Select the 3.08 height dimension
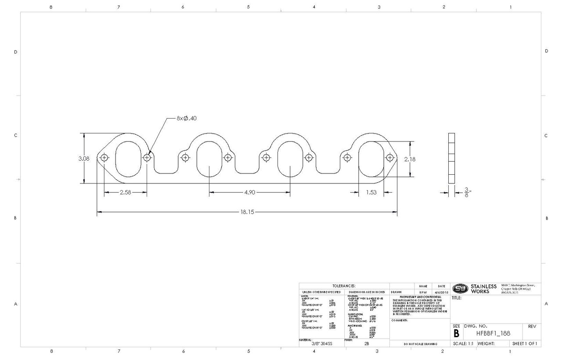click(x=84, y=158)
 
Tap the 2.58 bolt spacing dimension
click(x=125, y=192)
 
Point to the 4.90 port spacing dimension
click(x=249, y=192)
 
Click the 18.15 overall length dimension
click(x=247, y=212)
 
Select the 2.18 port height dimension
click(x=410, y=159)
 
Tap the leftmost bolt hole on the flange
click(x=104, y=158)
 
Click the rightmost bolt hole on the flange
click(x=390, y=158)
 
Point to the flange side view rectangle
click(x=451, y=158)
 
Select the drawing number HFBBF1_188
click(x=487, y=333)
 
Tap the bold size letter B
click(x=456, y=333)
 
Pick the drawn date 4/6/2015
click(x=441, y=292)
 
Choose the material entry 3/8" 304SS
click(x=321, y=344)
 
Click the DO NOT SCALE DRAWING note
click(x=420, y=344)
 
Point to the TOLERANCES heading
click(x=344, y=286)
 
